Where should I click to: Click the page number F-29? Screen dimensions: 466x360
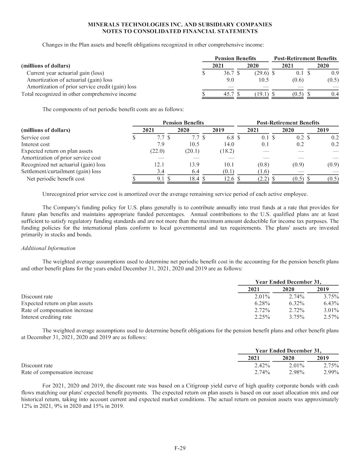click(x=180, y=448)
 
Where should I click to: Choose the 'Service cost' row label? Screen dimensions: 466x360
click(x=35, y=138)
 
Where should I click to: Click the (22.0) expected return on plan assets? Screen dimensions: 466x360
click(x=157, y=151)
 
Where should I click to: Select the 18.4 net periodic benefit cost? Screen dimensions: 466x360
click(x=194, y=179)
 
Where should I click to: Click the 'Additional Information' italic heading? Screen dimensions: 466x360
click(x=48, y=248)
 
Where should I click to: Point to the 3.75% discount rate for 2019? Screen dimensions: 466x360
click(x=331, y=297)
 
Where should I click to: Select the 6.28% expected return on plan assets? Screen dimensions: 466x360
click(x=262, y=303)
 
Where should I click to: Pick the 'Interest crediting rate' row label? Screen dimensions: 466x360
click(x=46, y=317)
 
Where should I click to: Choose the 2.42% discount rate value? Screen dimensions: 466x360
click(x=262, y=365)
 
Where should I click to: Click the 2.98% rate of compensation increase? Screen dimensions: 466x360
click(x=297, y=372)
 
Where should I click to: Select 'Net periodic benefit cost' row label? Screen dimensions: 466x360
click(x=56, y=179)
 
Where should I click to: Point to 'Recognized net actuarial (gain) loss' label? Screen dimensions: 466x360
click(x=63, y=165)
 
